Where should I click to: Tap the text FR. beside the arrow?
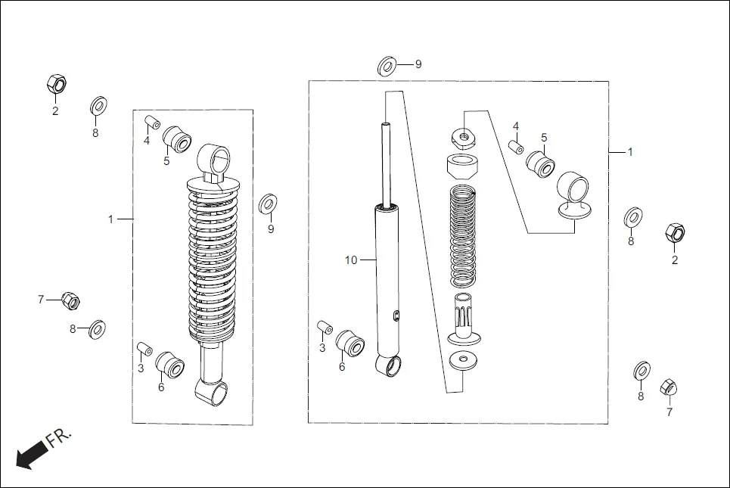[59, 437]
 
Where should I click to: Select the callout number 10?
[350, 260]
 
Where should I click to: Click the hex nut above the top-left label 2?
[55, 84]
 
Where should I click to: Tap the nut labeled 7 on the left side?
[70, 301]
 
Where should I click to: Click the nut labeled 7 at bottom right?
[668, 387]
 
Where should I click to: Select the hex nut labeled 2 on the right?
[673, 233]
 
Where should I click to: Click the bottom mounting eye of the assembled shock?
[213, 392]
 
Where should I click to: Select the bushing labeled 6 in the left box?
[170, 365]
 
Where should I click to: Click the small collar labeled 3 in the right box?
[325, 328]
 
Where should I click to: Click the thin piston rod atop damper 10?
[387, 163]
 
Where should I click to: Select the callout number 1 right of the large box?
[630, 152]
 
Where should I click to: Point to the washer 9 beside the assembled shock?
[268, 204]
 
